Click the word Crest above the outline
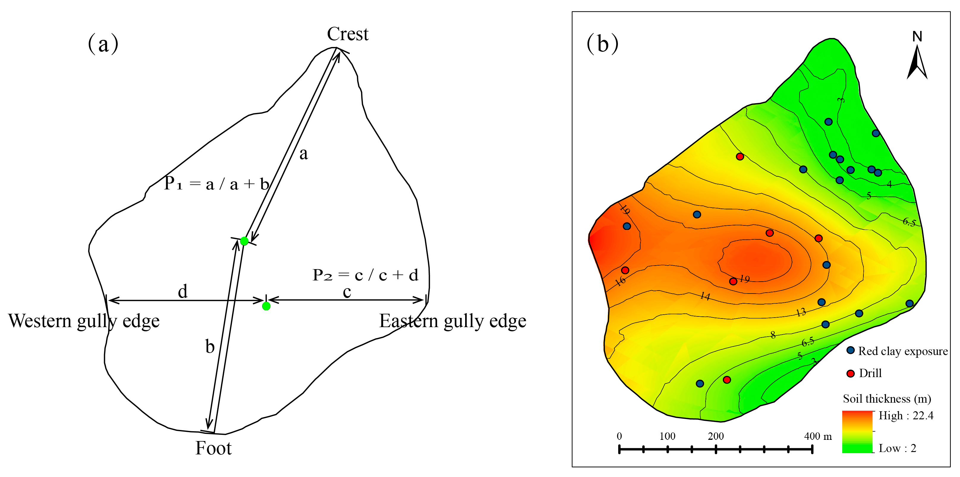[x=347, y=34]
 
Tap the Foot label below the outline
[x=213, y=448]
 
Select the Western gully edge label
[x=84, y=321]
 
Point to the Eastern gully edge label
[x=452, y=321]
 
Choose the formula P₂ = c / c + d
[x=365, y=275]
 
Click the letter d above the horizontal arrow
[x=182, y=291]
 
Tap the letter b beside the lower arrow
[x=210, y=347]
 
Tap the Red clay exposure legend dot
[x=850, y=350]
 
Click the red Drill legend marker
[x=850, y=373]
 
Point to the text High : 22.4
[x=906, y=415]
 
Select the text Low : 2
[x=897, y=448]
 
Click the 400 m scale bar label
[x=818, y=436]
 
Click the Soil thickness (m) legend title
[x=887, y=399]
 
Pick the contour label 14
[x=705, y=296]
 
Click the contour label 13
[x=801, y=312]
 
